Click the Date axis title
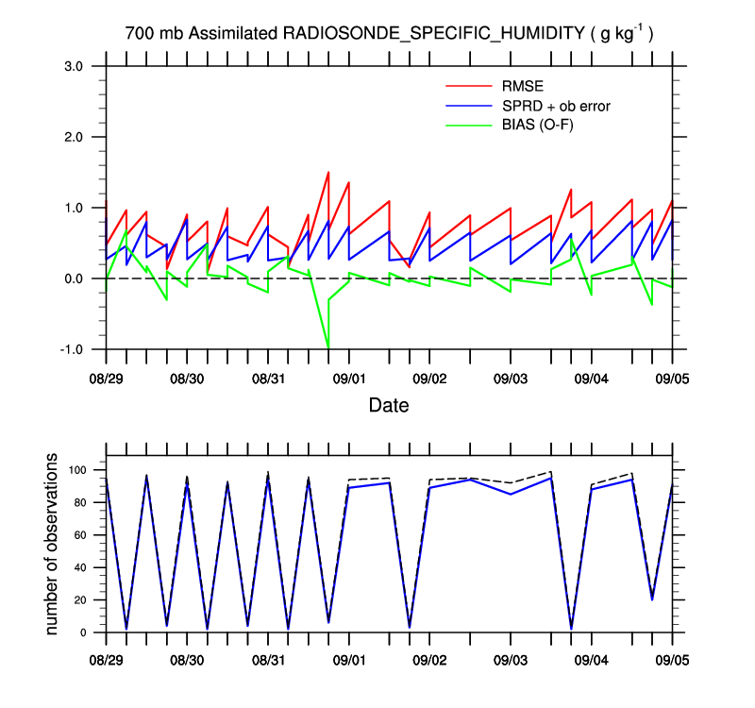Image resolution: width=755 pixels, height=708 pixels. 389,406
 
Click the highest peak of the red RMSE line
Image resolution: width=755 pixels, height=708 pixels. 327,172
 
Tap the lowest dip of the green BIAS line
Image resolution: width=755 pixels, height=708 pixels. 328,348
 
